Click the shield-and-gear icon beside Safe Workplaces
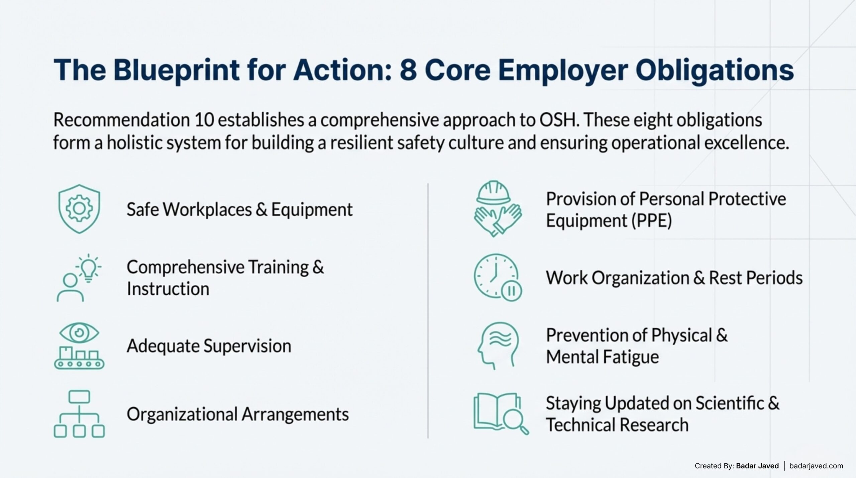pos(79,209)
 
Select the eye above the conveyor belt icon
pos(79,333)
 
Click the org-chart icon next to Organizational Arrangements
pos(79,414)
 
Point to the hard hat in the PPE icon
pos(494,193)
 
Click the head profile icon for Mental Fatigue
pos(498,345)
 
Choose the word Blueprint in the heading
pos(176,70)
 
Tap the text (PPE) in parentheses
pos(651,221)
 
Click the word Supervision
pos(247,346)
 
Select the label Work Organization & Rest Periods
pos(674,278)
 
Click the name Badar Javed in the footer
pos(757,466)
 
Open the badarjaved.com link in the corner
pos(816,466)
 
